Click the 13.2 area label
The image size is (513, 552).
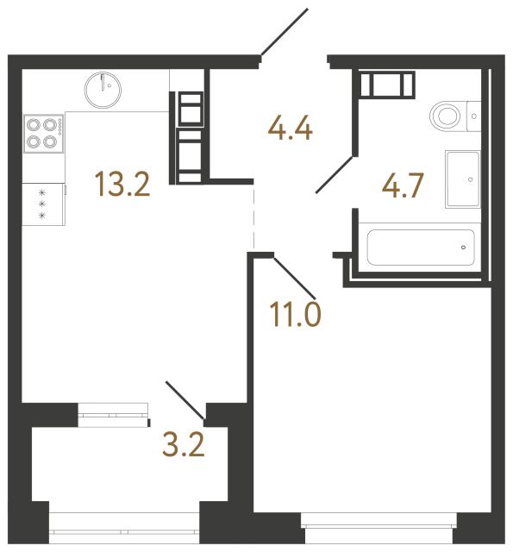tap(122, 185)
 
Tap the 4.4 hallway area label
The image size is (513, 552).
tap(290, 130)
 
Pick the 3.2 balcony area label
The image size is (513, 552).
tap(184, 445)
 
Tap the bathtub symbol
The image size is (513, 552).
tap(421, 248)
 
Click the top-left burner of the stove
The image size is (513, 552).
tap(34, 123)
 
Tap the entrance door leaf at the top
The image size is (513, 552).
tap(285, 32)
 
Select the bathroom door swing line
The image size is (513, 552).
tap(335, 173)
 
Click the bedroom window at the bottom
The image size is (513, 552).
tap(377, 520)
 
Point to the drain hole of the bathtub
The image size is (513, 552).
tap(463, 248)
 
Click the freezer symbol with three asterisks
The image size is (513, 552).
tap(41, 204)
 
